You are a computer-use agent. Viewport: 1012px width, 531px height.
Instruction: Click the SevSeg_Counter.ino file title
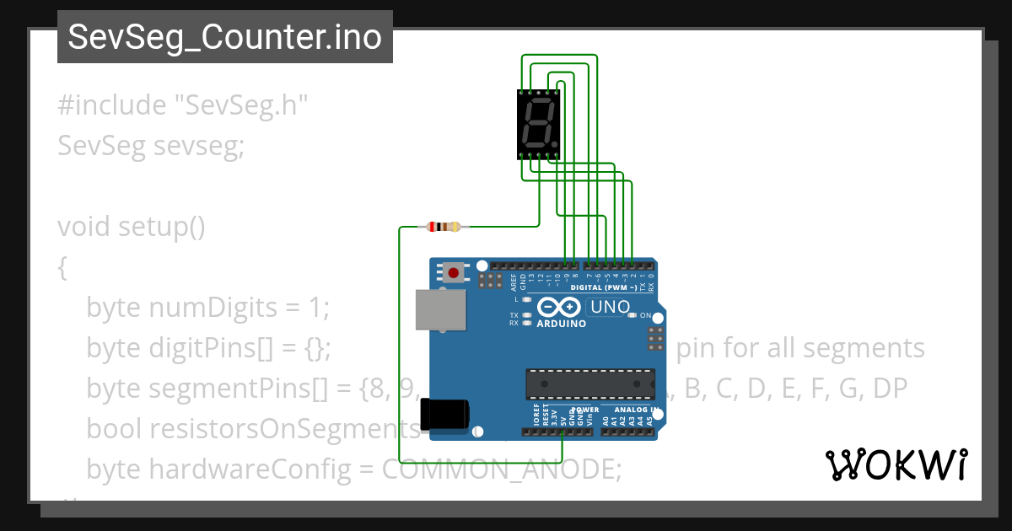click(224, 38)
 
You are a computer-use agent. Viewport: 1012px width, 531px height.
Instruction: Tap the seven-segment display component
click(538, 126)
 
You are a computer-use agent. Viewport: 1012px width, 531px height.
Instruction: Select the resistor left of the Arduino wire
click(444, 226)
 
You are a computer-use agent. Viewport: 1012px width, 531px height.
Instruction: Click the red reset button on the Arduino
click(454, 273)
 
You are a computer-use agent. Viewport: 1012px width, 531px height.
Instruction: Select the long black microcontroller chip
click(590, 383)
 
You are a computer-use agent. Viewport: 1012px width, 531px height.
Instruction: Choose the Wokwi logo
click(896, 464)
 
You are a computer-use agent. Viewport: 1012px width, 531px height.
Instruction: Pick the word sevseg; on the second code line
click(199, 146)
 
